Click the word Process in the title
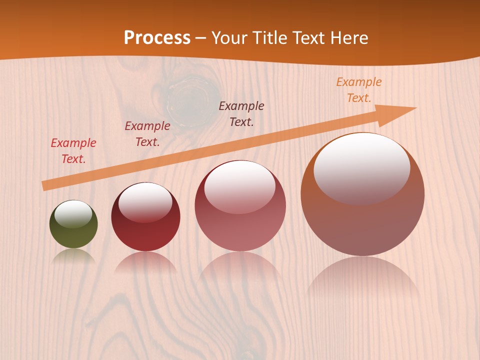pos(157,38)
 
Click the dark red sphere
pos(145,230)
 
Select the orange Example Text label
pos(359,90)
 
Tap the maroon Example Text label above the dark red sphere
pos(147,134)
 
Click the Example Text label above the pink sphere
pos(241,113)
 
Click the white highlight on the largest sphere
pos(361,167)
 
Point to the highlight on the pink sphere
pos(240,187)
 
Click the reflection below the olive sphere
pos(73,257)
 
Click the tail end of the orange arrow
pos(46,185)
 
